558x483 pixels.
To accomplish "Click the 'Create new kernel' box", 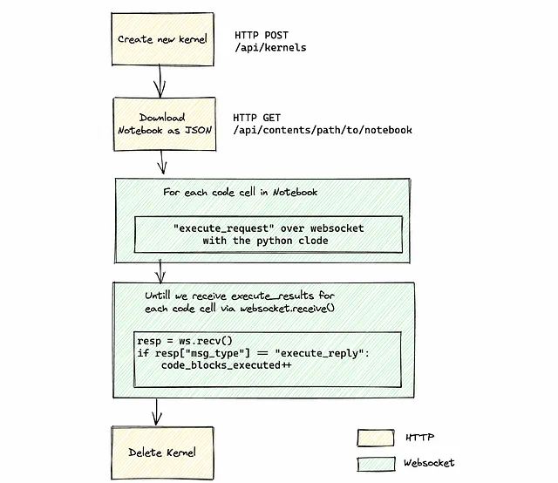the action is click(x=163, y=39).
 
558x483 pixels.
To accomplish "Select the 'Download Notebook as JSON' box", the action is click(x=165, y=124).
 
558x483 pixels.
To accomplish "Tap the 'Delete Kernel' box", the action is click(x=162, y=452).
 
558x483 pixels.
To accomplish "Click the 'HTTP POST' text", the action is click(x=262, y=35).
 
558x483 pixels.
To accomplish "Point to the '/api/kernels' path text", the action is click(x=270, y=48).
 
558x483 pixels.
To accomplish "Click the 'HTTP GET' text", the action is click(x=257, y=118).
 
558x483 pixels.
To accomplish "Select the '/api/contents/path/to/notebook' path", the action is click(x=323, y=130).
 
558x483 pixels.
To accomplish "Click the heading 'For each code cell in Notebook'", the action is click(x=241, y=192).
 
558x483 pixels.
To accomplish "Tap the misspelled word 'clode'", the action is click(x=313, y=241).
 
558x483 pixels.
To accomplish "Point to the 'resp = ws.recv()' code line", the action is click(x=185, y=341).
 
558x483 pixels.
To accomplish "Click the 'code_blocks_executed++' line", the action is click(x=227, y=365).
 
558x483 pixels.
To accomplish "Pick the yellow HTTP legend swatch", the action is click(x=376, y=438).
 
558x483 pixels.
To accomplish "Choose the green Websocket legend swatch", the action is click(x=376, y=464).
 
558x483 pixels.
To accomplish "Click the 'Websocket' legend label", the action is click(x=429, y=463).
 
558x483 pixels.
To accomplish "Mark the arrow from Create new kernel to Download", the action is click(x=160, y=81).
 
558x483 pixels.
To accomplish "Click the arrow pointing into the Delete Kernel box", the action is click(x=157, y=412).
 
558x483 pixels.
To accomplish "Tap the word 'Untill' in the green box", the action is click(x=158, y=296).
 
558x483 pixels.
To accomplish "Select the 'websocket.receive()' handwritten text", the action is click(x=288, y=309).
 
